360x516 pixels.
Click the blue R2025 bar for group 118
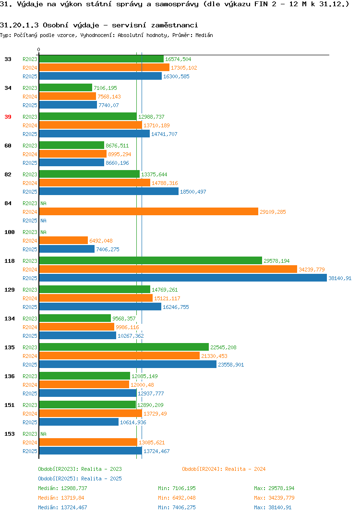(x=183, y=278)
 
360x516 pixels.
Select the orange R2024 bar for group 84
(x=149, y=211)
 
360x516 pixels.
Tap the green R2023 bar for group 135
(x=124, y=347)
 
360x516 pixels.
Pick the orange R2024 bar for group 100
(x=63, y=241)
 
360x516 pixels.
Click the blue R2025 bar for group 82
(x=109, y=192)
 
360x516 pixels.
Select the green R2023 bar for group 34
(x=66, y=87)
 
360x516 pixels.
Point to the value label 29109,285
(x=273, y=212)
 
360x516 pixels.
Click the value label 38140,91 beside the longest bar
(x=340, y=278)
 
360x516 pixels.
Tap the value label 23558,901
(x=231, y=365)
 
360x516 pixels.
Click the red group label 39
(x=8, y=117)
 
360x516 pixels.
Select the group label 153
(x=10, y=434)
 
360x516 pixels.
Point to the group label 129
(x=10, y=290)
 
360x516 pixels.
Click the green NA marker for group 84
(x=43, y=203)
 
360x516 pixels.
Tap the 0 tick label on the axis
(x=39, y=49)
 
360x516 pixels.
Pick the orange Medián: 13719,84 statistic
(x=61, y=498)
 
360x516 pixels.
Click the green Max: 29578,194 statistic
(x=274, y=488)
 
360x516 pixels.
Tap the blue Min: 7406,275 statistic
(x=177, y=507)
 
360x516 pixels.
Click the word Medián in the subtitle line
(x=204, y=35)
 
